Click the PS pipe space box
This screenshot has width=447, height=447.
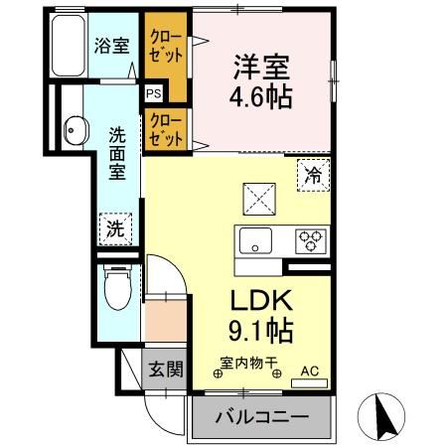pos(154,93)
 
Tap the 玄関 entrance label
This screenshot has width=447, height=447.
pos(166,371)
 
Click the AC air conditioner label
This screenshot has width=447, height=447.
pos(308,371)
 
